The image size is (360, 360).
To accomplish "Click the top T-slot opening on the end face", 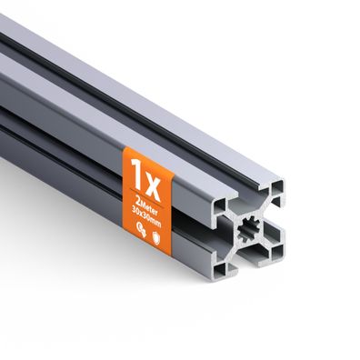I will [247, 202].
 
